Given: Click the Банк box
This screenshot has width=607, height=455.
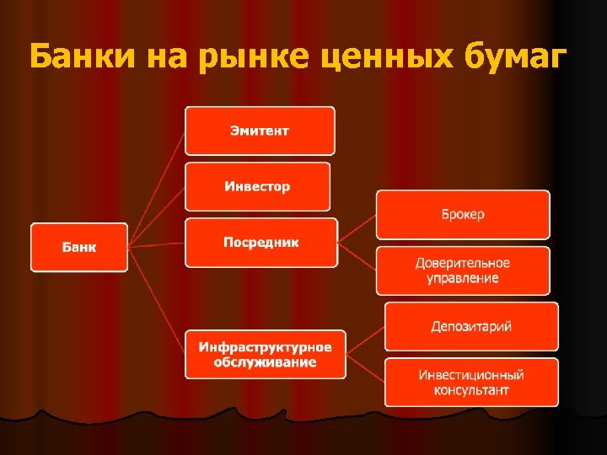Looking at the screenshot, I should coord(79,247).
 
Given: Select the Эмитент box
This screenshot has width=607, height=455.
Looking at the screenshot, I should coord(260,131).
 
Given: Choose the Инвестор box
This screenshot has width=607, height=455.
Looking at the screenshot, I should coord(257,186).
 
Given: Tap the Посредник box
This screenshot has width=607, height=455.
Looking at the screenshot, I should coord(261,243).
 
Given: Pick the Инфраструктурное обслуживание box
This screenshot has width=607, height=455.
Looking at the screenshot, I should coord(265,354).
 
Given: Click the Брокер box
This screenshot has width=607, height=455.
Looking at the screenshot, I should coord(462,214).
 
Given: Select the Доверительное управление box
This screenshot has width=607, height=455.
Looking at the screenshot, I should coord(462,270).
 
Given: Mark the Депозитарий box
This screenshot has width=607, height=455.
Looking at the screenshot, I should coord(471,326).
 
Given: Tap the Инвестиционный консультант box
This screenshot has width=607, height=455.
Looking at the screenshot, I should coord(471,383).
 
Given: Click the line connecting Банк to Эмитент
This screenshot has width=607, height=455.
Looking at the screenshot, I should coord(157,189).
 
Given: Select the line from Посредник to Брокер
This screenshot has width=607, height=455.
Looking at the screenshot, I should coord(357,229).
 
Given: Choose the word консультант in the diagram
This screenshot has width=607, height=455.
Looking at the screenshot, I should coord(471,391).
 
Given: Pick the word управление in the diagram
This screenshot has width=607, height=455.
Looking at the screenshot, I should coord(462,279).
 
